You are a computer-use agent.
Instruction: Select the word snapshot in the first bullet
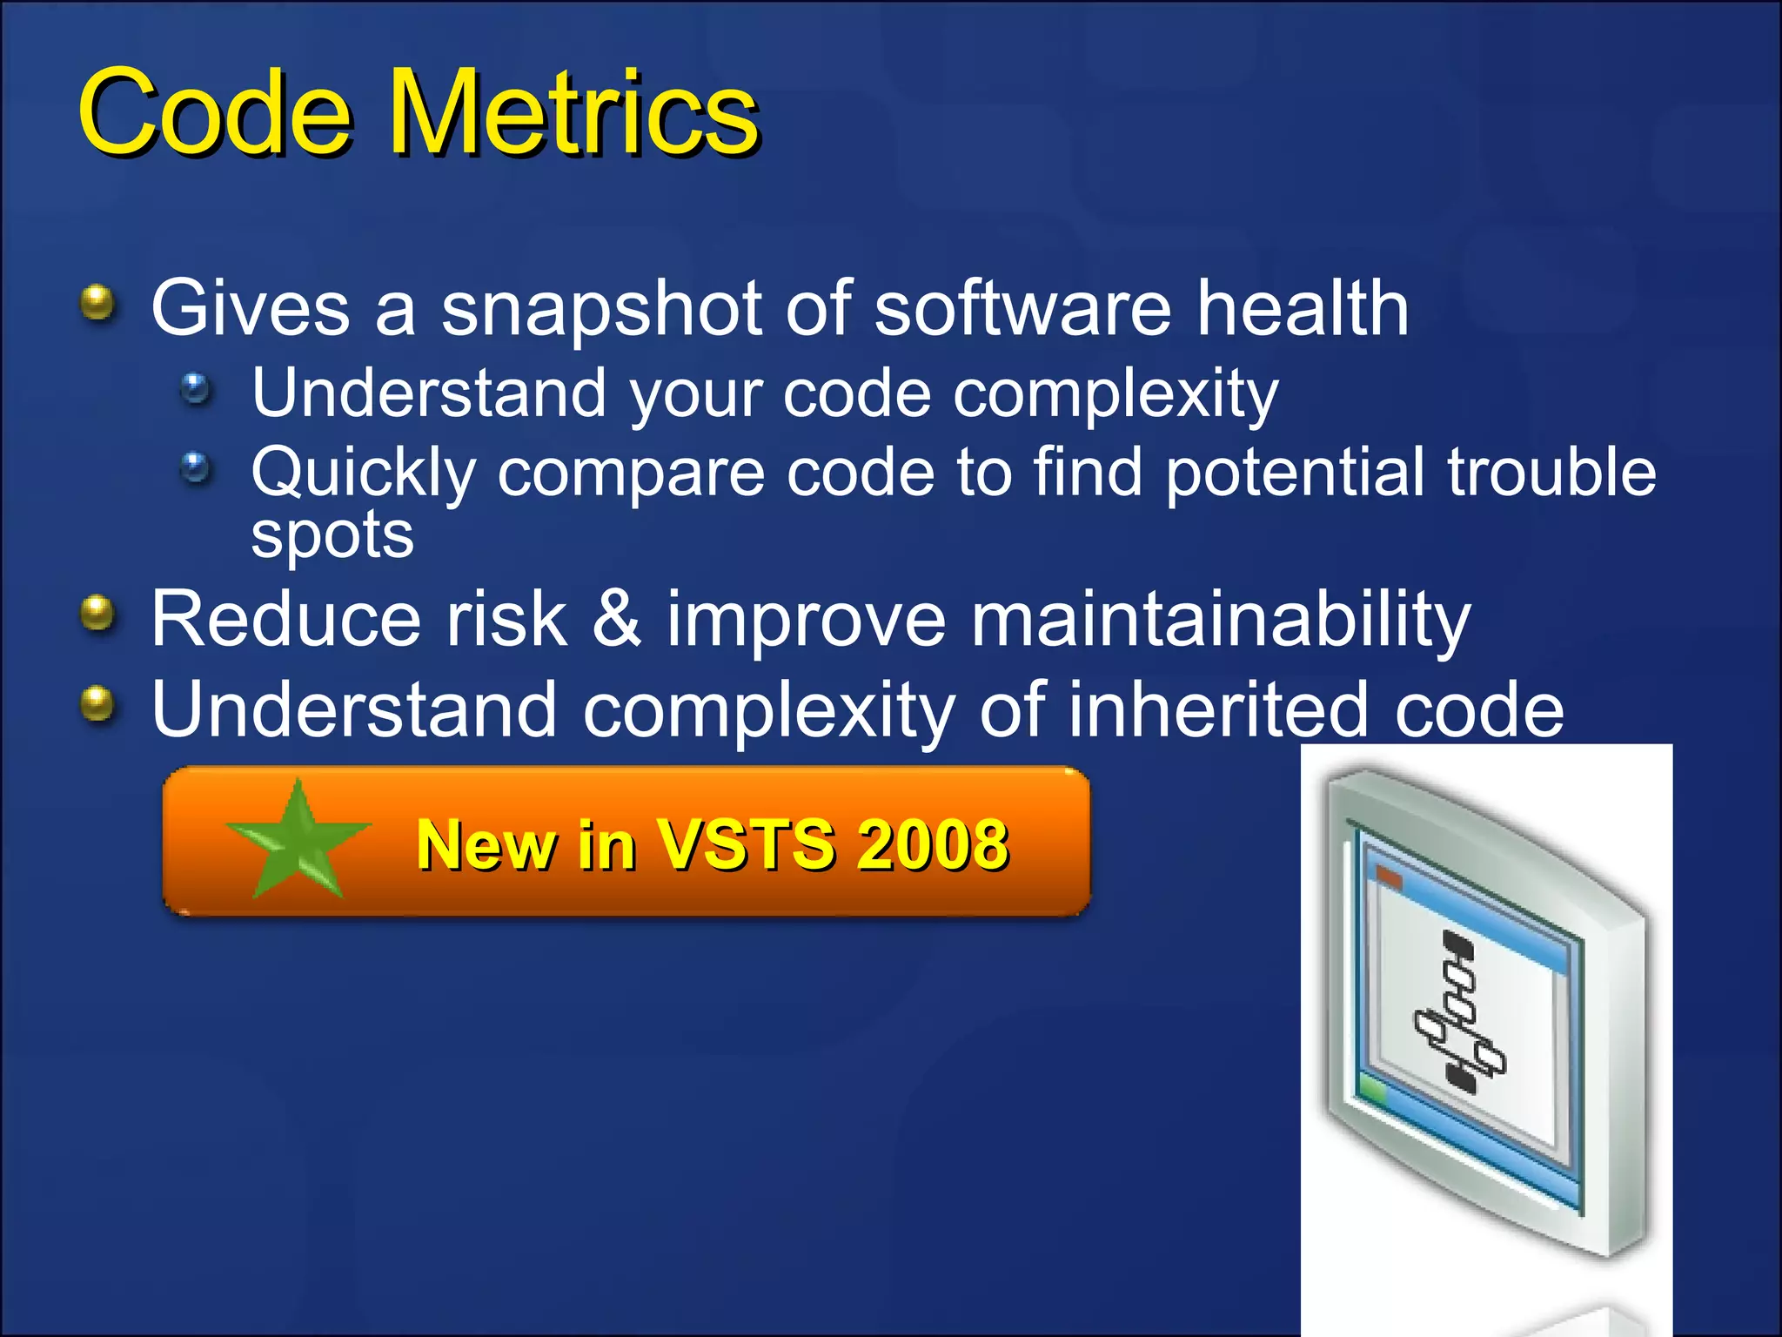pyautogui.click(x=600, y=309)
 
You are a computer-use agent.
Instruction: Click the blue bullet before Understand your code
pyautogui.click(x=196, y=388)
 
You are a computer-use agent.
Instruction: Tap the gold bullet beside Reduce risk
pyautogui.click(x=97, y=614)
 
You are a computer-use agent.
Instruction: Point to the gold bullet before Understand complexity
pyautogui.click(x=97, y=703)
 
